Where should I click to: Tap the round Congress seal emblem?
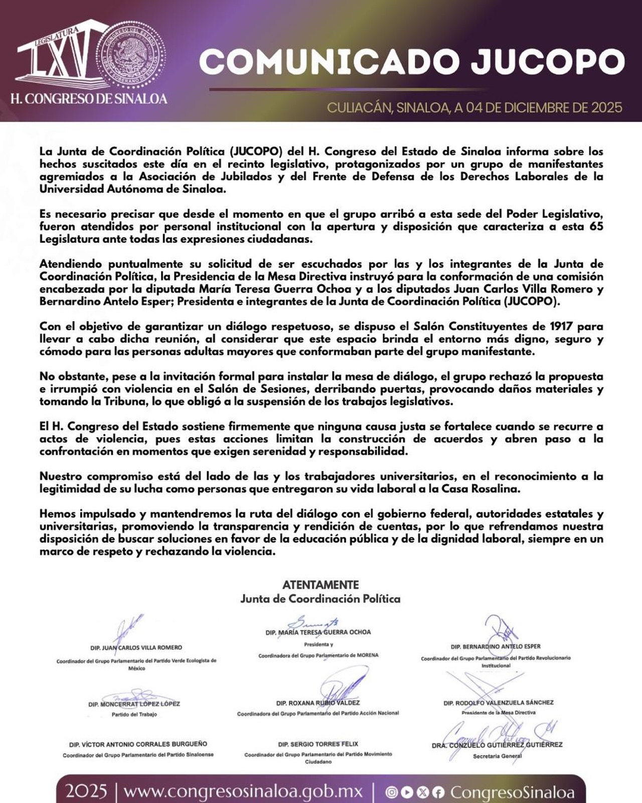click(x=130, y=55)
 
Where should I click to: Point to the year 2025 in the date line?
click(x=606, y=107)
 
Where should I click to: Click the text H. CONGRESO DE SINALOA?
click(x=89, y=99)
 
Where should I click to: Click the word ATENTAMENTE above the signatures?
click(x=320, y=585)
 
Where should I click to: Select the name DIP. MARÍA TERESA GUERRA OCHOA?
click(x=318, y=632)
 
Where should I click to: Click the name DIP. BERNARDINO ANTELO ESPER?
click(x=496, y=646)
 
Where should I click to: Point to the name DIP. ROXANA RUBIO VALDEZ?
click(x=317, y=703)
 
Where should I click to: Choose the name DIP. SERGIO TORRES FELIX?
click(x=318, y=744)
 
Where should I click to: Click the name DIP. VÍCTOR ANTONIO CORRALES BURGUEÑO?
click(x=138, y=744)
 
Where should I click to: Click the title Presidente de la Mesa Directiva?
click(x=498, y=712)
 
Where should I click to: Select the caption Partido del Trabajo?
click(x=134, y=714)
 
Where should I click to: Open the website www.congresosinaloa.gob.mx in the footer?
click(x=243, y=791)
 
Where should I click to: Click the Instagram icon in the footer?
click(x=392, y=792)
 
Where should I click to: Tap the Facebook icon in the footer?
click(x=438, y=792)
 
